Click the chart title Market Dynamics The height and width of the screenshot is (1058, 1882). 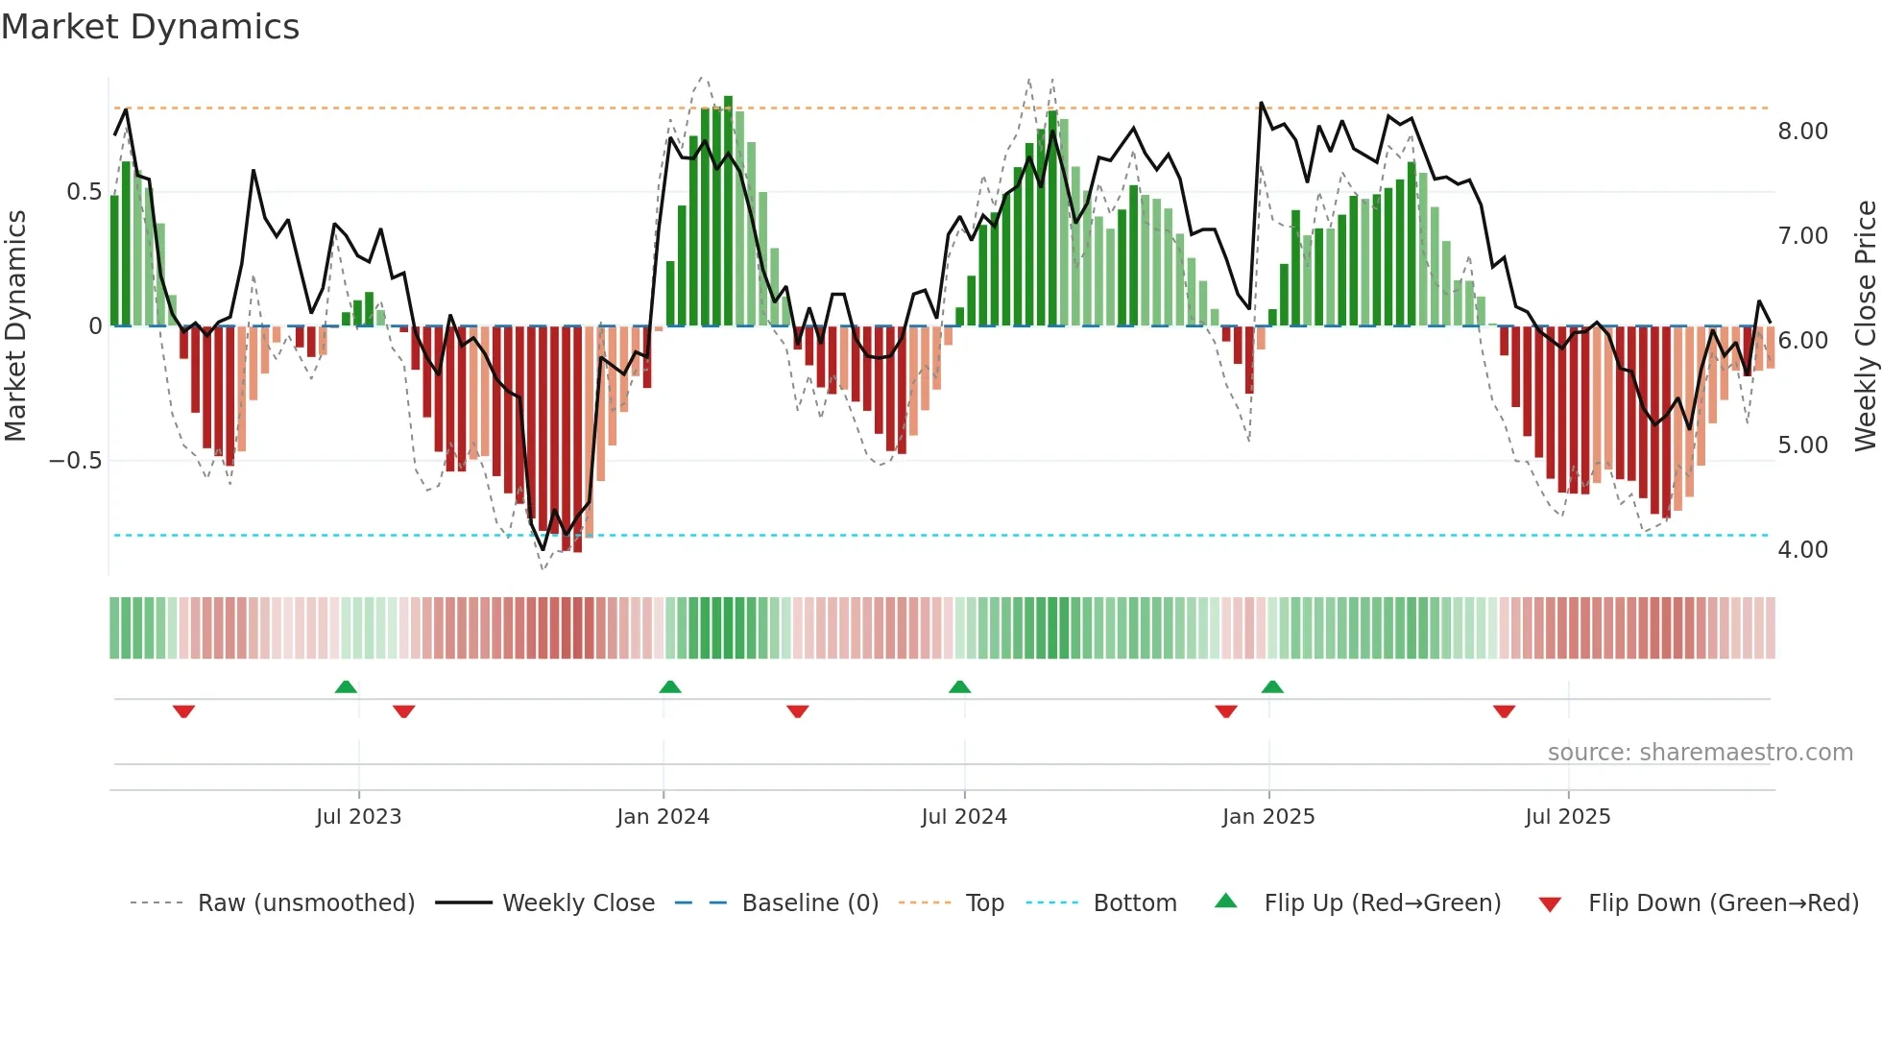[150, 27]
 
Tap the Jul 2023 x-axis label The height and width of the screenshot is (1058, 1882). [358, 817]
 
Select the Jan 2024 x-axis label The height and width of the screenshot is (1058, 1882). [663, 817]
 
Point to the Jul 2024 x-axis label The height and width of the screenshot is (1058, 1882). [964, 817]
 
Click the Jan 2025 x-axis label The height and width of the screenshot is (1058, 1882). [1268, 817]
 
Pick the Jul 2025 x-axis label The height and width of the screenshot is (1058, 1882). [1568, 817]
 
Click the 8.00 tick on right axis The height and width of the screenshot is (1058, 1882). [1802, 132]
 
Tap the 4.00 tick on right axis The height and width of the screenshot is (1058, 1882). [1802, 550]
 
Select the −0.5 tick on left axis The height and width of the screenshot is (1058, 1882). [76, 461]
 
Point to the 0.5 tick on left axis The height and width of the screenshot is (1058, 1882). [84, 192]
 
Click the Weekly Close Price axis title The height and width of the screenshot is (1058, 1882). [1865, 326]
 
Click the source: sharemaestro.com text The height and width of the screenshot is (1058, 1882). [1700, 753]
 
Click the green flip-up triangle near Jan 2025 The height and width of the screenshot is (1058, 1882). [1272, 686]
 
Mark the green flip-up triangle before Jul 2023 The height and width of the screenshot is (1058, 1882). [346, 686]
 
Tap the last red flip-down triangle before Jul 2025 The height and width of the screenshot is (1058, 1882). [1504, 711]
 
